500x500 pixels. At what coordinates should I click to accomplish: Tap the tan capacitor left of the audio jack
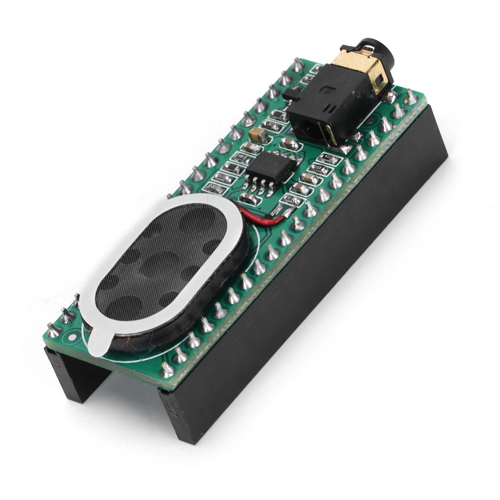point(256,134)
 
